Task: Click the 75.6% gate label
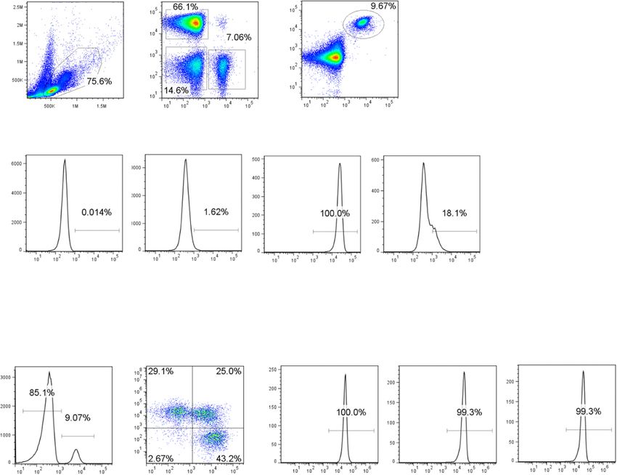click(100, 81)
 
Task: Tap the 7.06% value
click(239, 37)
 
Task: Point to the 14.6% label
click(177, 90)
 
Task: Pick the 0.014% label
click(97, 212)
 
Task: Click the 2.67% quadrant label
click(162, 459)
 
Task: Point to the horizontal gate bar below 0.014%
click(97, 230)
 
